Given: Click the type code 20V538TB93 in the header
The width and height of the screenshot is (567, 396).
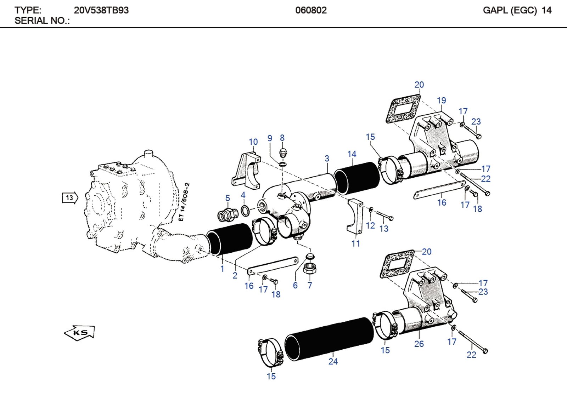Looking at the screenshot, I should (x=101, y=10).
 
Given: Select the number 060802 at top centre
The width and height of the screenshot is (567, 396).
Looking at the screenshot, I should (x=311, y=10).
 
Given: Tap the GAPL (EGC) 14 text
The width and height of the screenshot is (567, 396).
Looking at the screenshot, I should (x=517, y=10).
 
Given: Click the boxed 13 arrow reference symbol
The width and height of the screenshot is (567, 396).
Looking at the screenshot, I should (x=70, y=198).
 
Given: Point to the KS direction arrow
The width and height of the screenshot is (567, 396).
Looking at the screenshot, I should (x=80, y=333).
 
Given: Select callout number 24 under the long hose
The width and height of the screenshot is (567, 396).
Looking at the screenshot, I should (x=333, y=361).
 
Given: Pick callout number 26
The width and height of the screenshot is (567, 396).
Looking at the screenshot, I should (x=419, y=344).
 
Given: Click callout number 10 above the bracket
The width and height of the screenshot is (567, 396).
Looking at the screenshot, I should (x=253, y=142).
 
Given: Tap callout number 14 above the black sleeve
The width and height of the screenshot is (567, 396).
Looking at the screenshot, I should (x=352, y=154).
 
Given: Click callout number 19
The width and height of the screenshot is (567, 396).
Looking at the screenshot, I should (x=441, y=101).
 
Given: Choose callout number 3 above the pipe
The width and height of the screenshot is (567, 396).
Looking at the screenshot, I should (x=327, y=159).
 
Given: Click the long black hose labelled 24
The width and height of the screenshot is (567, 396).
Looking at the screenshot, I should (x=330, y=339).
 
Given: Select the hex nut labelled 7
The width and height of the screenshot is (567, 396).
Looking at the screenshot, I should (x=310, y=269).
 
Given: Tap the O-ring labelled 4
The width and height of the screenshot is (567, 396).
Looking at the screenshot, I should (x=245, y=211).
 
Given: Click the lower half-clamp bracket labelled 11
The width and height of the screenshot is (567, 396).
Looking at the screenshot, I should (x=355, y=217).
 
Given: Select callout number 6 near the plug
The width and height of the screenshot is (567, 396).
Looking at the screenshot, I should (x=295, y=286).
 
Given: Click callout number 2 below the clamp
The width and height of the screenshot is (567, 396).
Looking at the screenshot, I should (x=235, y=275).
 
